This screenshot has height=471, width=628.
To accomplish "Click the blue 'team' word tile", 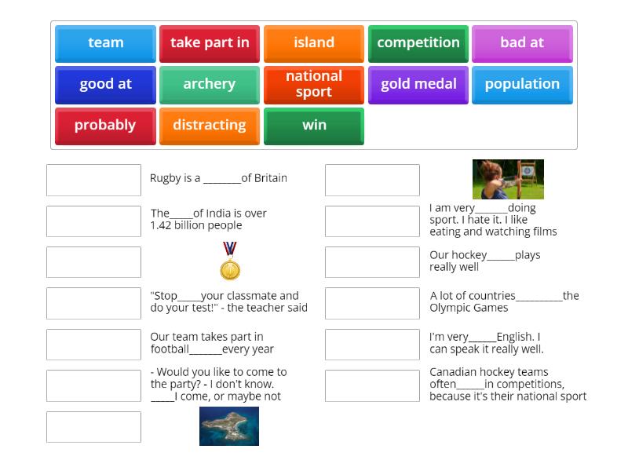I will (105, 43).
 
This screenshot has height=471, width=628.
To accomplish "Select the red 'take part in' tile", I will (210, 43).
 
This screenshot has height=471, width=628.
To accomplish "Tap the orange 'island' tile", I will (314, 43).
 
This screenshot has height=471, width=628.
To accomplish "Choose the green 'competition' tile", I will (418, 43).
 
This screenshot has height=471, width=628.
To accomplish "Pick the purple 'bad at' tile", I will (522, 43).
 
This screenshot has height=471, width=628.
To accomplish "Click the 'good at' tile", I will (105, 85).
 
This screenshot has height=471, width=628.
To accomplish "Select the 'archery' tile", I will (210, 85).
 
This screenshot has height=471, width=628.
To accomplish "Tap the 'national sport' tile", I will (314, 85).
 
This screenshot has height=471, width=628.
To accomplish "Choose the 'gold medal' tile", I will (418, 85).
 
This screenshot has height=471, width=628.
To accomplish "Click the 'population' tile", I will (522, 85).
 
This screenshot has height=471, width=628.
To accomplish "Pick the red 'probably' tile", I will (105, 126).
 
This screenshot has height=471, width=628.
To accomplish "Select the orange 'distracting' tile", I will (210, 126).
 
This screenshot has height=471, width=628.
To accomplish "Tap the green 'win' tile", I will (314, 126).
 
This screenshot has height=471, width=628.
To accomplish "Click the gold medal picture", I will (230, 261).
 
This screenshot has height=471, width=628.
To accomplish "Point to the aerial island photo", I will (229, 426).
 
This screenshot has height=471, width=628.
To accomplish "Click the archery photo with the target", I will (508, 179).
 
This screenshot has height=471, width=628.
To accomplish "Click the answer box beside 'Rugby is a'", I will (93, 180).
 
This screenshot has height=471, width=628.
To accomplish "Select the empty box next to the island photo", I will (93, 427).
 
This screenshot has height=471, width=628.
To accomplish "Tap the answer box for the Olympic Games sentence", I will (372, 303).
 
